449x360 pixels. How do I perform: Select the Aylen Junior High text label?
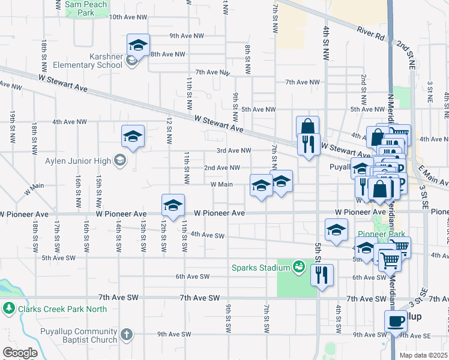point(78,160)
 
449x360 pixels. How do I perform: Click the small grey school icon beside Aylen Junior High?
point(120,160)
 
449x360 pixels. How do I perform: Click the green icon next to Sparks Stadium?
point(298,266)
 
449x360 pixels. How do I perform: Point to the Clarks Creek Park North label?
point(62,309)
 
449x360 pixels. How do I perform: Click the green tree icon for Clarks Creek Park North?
point(8,309)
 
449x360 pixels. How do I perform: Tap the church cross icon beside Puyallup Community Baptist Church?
point(126,334)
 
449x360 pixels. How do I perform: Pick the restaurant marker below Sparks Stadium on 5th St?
point(322,275)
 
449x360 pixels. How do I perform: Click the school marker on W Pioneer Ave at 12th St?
point(172,205)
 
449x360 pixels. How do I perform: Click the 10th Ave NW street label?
point(128,17)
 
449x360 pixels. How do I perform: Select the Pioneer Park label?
point(390,234)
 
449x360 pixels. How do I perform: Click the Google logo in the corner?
point(20,353)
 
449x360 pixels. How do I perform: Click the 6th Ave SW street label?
point(192,277)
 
